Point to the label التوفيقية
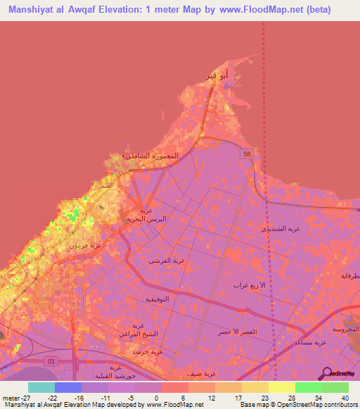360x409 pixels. tap(160, 299)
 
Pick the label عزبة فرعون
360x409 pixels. tap(85, 245)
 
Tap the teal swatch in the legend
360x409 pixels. tap(41, 387)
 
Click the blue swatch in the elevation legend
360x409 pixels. tap(68, 387)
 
